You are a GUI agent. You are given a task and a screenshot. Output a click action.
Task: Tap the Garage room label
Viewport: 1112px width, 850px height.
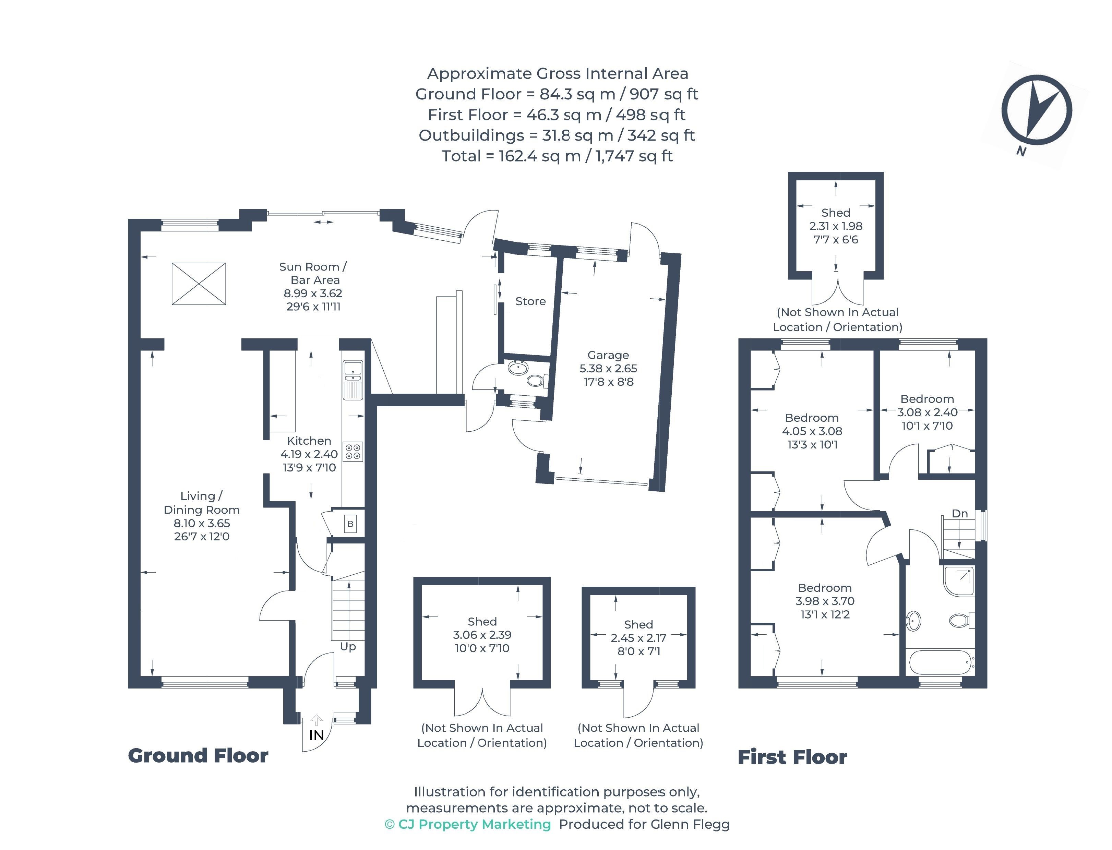pos(608,355)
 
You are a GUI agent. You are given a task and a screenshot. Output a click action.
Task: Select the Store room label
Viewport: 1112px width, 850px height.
pos(530,301)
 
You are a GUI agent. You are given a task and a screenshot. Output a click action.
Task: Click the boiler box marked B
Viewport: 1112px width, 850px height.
pos(350,524)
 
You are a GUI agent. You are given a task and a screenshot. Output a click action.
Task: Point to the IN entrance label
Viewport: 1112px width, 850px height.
pos(316,735)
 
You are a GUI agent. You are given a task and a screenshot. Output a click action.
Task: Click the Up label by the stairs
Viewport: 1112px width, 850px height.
pos(348,647)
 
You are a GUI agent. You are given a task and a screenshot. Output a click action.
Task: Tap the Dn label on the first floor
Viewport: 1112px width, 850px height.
pos(960,514)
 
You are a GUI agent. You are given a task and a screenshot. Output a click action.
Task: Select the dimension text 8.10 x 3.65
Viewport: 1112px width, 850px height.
pos(202,523)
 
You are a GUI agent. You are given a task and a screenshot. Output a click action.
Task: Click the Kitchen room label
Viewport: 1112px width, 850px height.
pos(309,441)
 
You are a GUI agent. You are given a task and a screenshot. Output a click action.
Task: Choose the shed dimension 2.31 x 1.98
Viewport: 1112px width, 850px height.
pos(836,226)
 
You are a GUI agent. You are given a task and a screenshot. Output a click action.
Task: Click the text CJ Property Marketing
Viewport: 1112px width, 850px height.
pos(475,825)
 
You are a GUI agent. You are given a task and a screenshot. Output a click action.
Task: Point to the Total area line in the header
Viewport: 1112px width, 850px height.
pos(557,156)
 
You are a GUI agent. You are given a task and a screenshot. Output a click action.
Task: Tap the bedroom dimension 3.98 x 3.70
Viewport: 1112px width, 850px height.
pos(825,601)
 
